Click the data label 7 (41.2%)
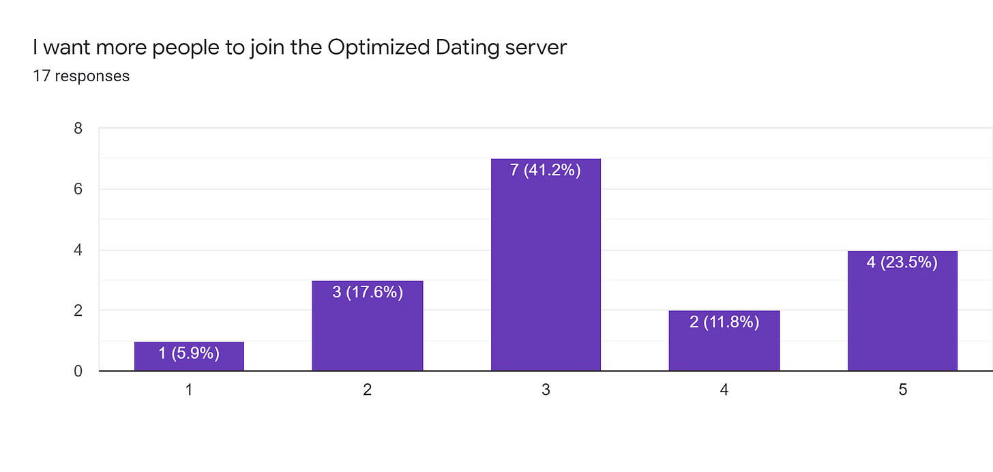pyautogui.click(x=546, y=170)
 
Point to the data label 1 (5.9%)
pyautogui.click(x=189, y=353)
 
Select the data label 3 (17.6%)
pyautogui.click(x=367, y=292)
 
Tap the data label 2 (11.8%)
pyautogui.click(x=724, y=322)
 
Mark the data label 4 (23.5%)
pyautogui.click(x=902, y=262)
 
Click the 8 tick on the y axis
pyautogui.click(x=78, y=128)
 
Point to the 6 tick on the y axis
pyautogui.click(x=78, y=189)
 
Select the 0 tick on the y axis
pyautogui.click(x=78, y=372)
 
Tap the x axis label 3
pyautogui.click(x=546, y=390)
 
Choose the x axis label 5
pyautogui.click(x=902, y=390)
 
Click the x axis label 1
pyautogui.click(x=189, y=390)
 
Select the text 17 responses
pyautogui.click(x=81, y=76)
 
